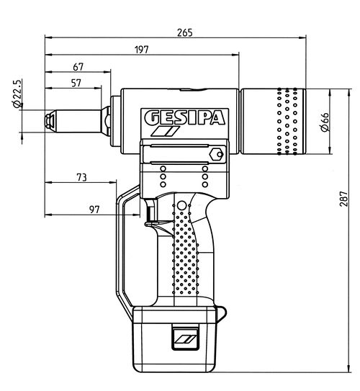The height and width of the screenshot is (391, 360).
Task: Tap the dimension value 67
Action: pos(78,67)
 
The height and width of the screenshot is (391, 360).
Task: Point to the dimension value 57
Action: pos(76,84)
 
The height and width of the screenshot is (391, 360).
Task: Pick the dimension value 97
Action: pos(94,210)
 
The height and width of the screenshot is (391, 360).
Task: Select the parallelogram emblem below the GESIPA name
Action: pos(165,134)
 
